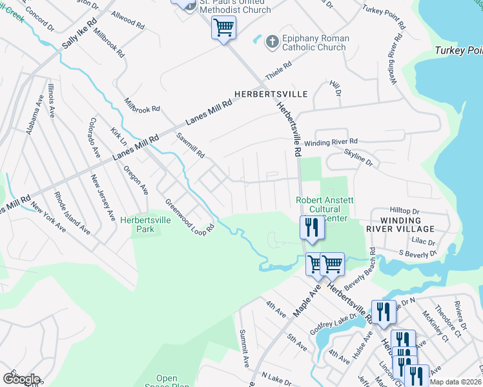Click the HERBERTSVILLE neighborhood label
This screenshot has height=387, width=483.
[271, 94]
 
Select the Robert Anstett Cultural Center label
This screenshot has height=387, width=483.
[323, 209]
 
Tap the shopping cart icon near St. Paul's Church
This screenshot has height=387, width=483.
[223, 28]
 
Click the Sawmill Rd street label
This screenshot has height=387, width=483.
[190, 146]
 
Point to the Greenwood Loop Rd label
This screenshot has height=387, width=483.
[189, 216]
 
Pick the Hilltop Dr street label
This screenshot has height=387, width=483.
[405, 211]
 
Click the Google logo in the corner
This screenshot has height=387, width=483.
[21, 379]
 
